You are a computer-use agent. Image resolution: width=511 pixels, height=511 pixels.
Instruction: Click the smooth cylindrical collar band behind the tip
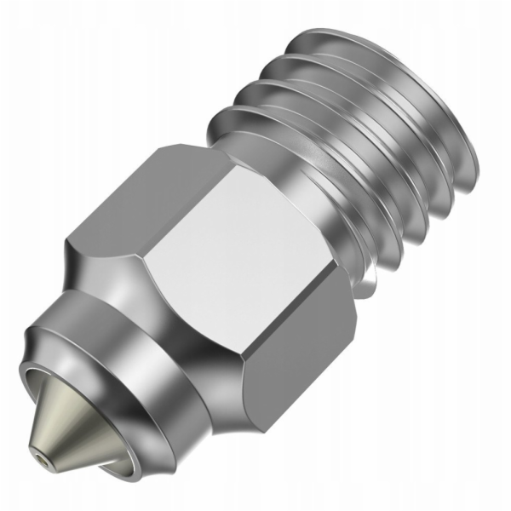pyautogui.click(x=128, y=375)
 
